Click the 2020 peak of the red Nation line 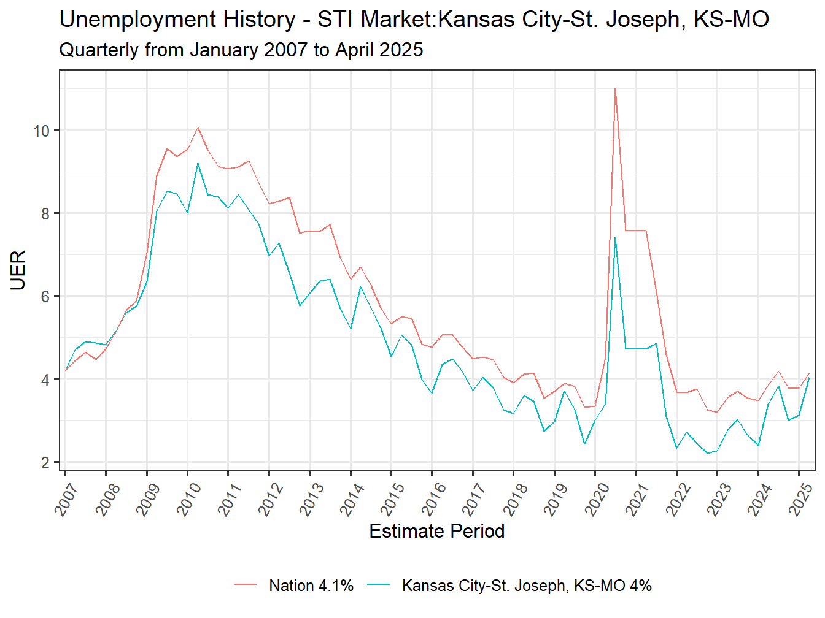[x=615, y=88]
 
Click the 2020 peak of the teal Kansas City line [x=615, y=238]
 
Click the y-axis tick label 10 [x=42, y=131]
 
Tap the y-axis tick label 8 [x=45, y=214]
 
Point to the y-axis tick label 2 [x=45, y=463]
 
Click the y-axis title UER [x=18, y=270]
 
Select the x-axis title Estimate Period [x=436, y=531]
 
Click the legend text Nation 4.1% [x=311, y=586]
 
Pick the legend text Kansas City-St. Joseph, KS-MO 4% [x=527, y=586]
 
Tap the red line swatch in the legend [x=245, y=586]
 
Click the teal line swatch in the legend [x=378, y=586]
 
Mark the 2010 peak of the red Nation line [x=198, y=128]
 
